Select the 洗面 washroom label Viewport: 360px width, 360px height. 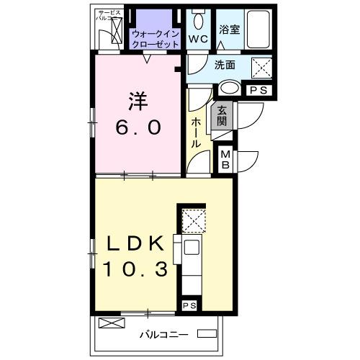pos(224,65)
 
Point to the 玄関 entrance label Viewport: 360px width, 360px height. pos(223,115)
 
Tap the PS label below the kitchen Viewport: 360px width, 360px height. pos(189,306)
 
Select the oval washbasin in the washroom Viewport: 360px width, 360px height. pos(230,88)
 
